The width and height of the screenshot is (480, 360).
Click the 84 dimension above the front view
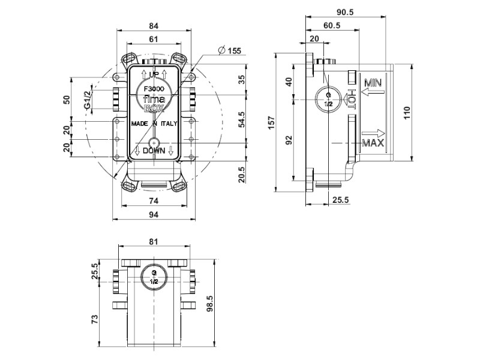154,26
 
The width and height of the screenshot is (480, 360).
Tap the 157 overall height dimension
270,122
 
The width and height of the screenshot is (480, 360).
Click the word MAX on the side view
373,143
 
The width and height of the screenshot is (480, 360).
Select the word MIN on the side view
373,82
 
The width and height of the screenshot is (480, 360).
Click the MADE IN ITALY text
153,123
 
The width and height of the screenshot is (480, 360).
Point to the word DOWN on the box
154,152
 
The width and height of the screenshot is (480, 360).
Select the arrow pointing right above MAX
373,133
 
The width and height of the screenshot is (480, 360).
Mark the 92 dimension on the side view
289,140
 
